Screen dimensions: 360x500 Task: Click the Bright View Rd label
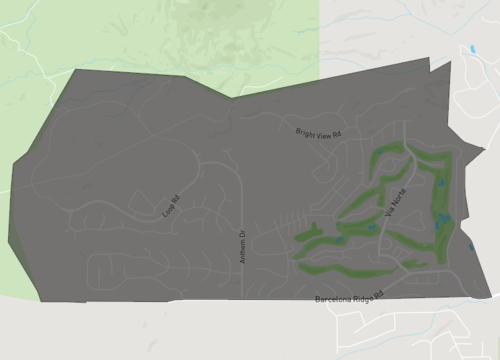click(319, 132)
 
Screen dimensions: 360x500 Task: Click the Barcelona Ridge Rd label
click(351, 298)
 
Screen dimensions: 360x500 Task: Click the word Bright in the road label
click(305, 130)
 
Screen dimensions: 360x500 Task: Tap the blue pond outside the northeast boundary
click(471, 48)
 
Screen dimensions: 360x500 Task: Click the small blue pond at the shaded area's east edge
click(471, 246)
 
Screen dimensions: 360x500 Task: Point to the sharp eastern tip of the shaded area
click(485, 150)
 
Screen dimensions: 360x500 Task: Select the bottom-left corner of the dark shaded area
click(40, 300)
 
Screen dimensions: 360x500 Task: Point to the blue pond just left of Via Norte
click(372, 228)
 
